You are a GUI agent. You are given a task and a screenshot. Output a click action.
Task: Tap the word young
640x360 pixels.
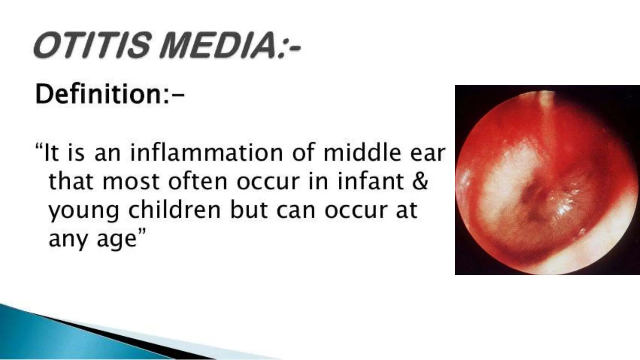point(84,211)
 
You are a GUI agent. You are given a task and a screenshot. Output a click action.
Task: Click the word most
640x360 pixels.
point(131,182)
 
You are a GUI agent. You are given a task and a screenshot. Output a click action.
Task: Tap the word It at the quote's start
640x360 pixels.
point(52,153)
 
